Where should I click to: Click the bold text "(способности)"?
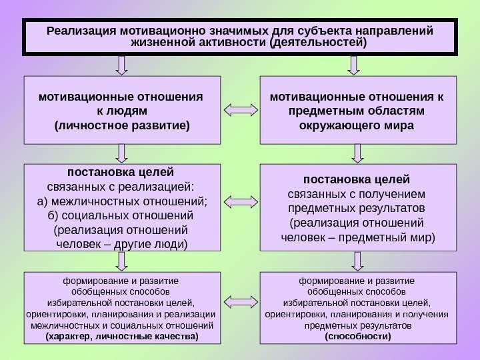[x=358, y=337]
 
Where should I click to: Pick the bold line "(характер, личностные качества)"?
[x=121, y=337]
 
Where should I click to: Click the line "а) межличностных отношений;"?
[x=121, y=201]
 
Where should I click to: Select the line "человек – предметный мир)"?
[x=358, y=236]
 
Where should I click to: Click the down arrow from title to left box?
[x=121, y=65]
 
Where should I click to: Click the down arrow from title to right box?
[x=354, y=65]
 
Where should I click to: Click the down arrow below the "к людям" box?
[x=121, y=153]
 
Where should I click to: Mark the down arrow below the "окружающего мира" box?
[x=358, y=153]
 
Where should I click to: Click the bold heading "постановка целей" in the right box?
[x=358, y=180]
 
